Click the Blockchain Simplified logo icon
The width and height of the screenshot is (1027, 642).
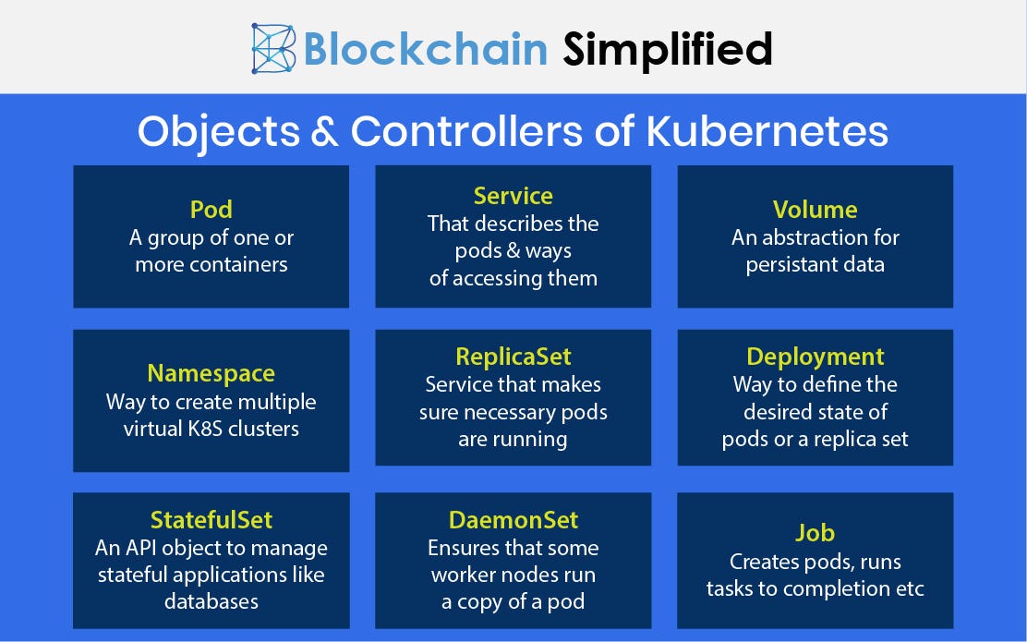(273, 48)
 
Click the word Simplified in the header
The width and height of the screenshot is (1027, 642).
(668, 49)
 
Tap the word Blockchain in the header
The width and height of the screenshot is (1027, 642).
(426, 49)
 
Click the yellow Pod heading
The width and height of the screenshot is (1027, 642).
(211, 210)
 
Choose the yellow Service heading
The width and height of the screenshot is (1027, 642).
(513, 196)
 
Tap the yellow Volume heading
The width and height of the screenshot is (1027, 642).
(815, 210)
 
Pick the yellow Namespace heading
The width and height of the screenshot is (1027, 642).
(211, 373)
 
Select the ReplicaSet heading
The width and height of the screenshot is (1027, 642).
(513, 357)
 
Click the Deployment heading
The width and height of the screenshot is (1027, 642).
(815, 357)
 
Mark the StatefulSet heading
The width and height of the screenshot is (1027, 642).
(211, 520)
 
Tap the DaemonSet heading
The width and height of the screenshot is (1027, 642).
(513, 520)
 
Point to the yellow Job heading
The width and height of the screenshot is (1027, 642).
(815, 533)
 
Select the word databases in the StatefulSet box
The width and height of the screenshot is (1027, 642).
(211, 601)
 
